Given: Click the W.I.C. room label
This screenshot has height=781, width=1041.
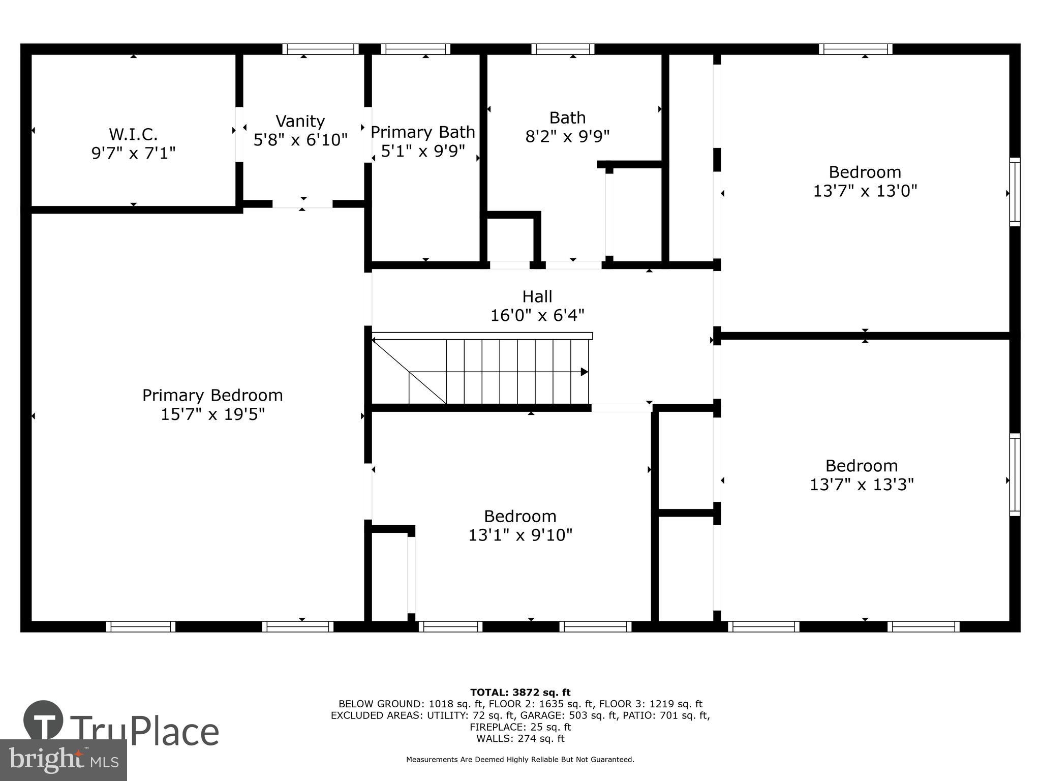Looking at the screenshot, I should point(133,134).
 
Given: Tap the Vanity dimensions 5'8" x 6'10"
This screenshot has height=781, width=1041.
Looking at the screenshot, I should point(300,139).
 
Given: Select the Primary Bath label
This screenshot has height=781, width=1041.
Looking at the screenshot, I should point(422,132).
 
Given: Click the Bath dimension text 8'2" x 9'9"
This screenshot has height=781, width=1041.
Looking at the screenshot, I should point(567,136).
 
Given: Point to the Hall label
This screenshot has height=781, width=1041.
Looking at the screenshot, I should point(537,296).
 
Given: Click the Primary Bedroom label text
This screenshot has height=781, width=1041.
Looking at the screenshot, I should point(212,395).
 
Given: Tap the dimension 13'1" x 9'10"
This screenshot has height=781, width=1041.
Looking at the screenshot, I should point(520,535).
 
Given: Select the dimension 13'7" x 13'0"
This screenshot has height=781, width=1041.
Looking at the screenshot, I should point(865,191).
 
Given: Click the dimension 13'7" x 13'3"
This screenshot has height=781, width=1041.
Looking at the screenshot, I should point(862,484).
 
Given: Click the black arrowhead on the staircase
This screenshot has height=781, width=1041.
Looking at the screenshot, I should point(585,372).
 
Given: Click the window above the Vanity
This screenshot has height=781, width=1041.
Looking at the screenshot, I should point(320,49).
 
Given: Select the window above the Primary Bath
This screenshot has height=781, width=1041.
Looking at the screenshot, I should point(415,49).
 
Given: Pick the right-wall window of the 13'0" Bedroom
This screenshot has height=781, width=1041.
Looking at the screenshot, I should point(1015,192).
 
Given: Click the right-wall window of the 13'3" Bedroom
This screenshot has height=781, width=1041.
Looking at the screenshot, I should point(1015,475).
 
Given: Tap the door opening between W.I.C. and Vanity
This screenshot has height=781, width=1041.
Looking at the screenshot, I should point(239,134).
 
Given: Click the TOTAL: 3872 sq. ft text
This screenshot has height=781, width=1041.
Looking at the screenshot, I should point(520,692).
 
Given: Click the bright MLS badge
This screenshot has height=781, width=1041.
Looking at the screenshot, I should point(63,760).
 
